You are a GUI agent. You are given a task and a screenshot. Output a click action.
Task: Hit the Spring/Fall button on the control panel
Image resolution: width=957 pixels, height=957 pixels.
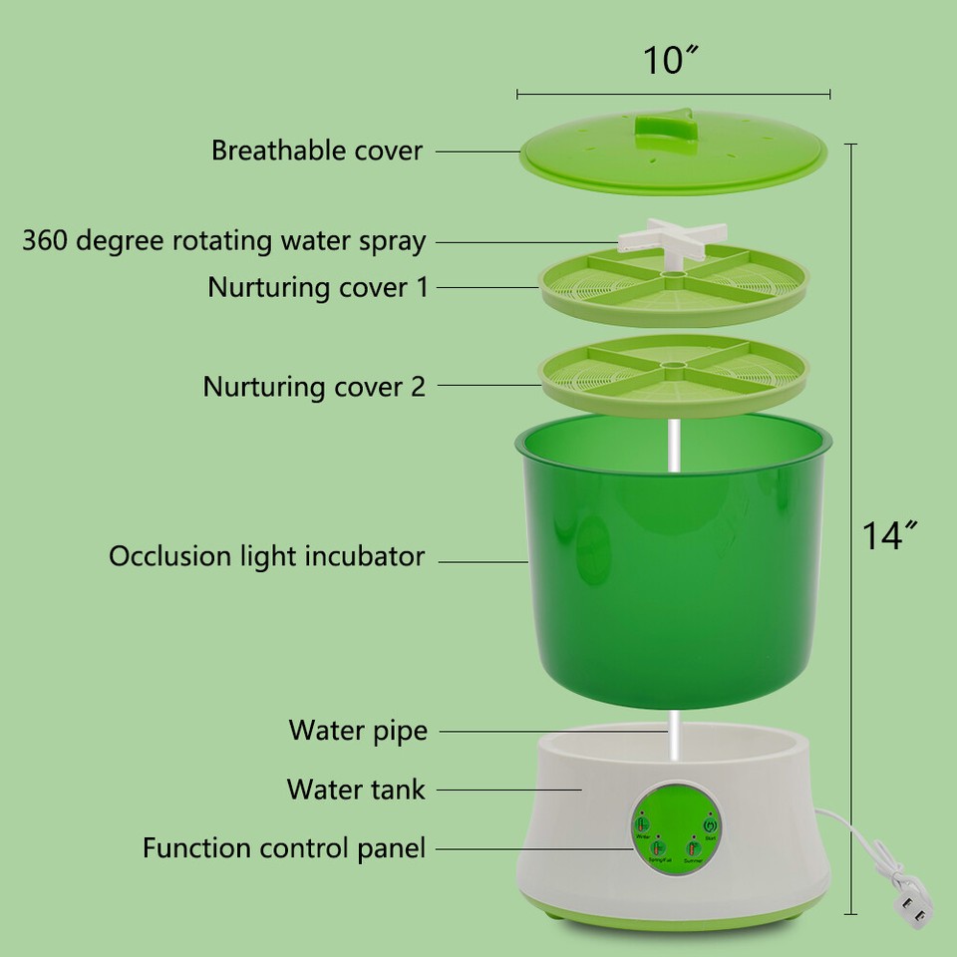click(657, 849)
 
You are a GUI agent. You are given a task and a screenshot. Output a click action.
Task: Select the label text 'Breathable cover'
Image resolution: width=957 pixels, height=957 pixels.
click(317, 151)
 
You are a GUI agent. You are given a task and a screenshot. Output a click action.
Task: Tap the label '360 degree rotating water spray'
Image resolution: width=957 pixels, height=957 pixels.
click(224, 241)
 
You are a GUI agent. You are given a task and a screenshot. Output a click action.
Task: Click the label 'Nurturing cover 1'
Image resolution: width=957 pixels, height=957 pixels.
click(317, 287)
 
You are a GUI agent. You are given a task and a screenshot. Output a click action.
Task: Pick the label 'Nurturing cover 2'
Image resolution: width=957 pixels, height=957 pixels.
click(314, 386)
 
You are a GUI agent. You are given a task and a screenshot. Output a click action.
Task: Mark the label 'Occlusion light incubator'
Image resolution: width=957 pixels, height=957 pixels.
click(267, 556)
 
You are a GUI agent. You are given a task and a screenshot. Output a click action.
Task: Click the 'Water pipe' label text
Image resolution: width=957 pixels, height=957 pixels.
click(358, 731)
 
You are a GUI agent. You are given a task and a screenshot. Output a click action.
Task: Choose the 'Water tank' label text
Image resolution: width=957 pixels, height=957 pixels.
click(356, 790)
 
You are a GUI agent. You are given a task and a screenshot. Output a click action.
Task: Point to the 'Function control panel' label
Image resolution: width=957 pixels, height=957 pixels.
click(284, 848)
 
